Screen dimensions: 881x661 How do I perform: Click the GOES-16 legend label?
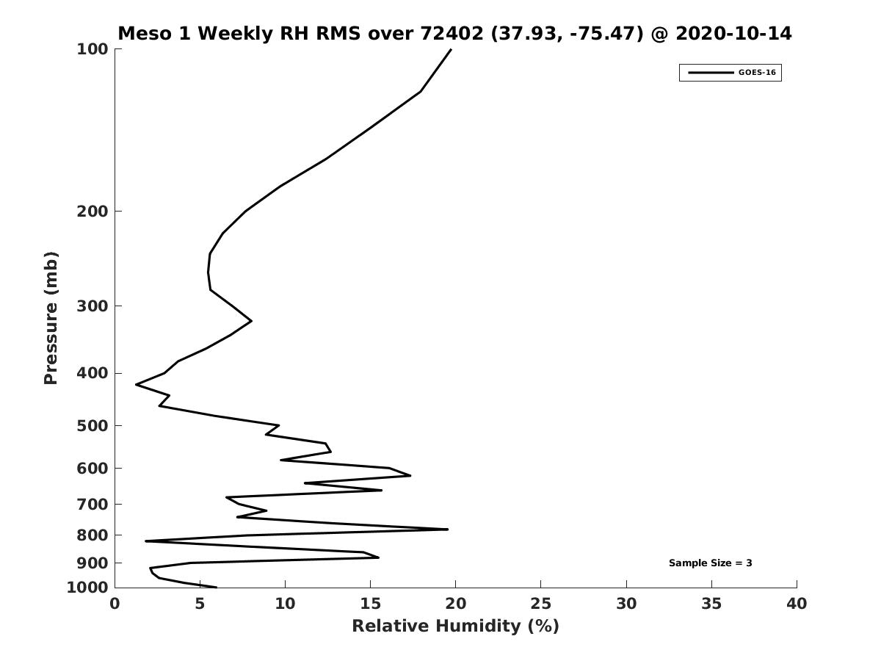click(x=757, y=73)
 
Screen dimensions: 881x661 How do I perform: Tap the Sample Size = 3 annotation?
click(x=710, y=563)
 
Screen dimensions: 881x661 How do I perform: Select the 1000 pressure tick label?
click(x=87, y=588)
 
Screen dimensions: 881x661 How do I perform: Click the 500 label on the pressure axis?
click(x=93, y=425)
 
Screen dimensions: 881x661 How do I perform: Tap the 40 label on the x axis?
click(x=797, y=604)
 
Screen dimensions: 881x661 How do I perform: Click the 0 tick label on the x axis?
click(x=115, y=604)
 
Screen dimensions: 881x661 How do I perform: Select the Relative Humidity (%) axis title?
click(x=456, y=626)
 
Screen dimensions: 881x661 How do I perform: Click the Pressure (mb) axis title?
click(x=51, y=318)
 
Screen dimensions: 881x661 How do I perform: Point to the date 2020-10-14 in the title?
click(x=733, y=33)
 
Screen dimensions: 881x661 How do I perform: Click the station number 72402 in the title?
click(x=452, y=33)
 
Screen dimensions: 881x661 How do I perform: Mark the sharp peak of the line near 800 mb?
click(x=448, y=530)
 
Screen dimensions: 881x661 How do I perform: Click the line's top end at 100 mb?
click(x=451, y=49)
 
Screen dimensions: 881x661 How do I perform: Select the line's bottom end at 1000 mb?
click(x=217, y=587)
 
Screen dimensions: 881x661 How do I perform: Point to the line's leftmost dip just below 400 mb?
click(x=136, y=384)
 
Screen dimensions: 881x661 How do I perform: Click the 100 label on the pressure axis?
click(x=93, y=49)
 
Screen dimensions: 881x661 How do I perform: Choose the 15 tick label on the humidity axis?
click(x=370, y=604)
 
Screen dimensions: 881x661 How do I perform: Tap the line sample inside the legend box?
click(x=711, y=73)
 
